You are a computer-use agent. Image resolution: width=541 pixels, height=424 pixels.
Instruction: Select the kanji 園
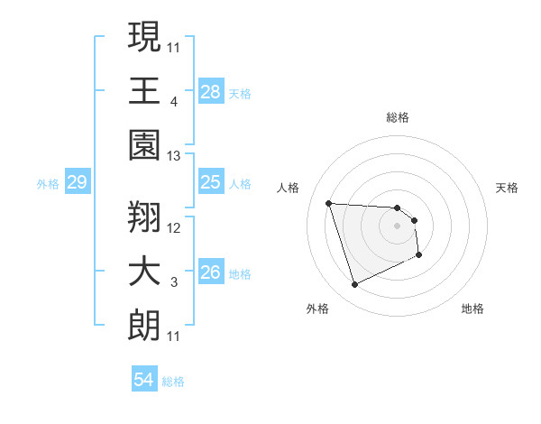144,143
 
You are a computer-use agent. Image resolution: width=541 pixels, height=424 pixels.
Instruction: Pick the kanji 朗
144,324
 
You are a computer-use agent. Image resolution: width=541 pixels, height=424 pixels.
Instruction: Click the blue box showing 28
210,92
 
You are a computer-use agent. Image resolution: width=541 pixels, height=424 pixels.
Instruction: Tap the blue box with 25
210,183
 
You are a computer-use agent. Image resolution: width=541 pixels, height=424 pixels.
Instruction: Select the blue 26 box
210,273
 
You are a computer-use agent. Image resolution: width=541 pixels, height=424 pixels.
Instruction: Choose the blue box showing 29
77,183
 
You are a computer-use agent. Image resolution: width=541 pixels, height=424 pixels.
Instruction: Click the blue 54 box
143,381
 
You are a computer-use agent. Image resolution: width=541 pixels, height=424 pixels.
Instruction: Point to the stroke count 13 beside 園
174,156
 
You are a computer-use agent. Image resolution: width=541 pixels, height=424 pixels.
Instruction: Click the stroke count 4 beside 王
174,102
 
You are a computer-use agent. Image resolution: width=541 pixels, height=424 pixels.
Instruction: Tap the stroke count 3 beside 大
174,282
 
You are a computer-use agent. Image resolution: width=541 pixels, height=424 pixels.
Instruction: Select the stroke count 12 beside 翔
174,228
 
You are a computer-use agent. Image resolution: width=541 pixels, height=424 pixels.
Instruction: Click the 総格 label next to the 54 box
173,382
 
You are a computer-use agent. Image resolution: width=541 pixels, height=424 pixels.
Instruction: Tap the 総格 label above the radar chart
398,117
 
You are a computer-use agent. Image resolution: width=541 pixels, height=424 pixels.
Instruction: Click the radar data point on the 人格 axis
329,203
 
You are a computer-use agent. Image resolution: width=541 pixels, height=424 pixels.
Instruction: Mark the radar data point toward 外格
354,285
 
